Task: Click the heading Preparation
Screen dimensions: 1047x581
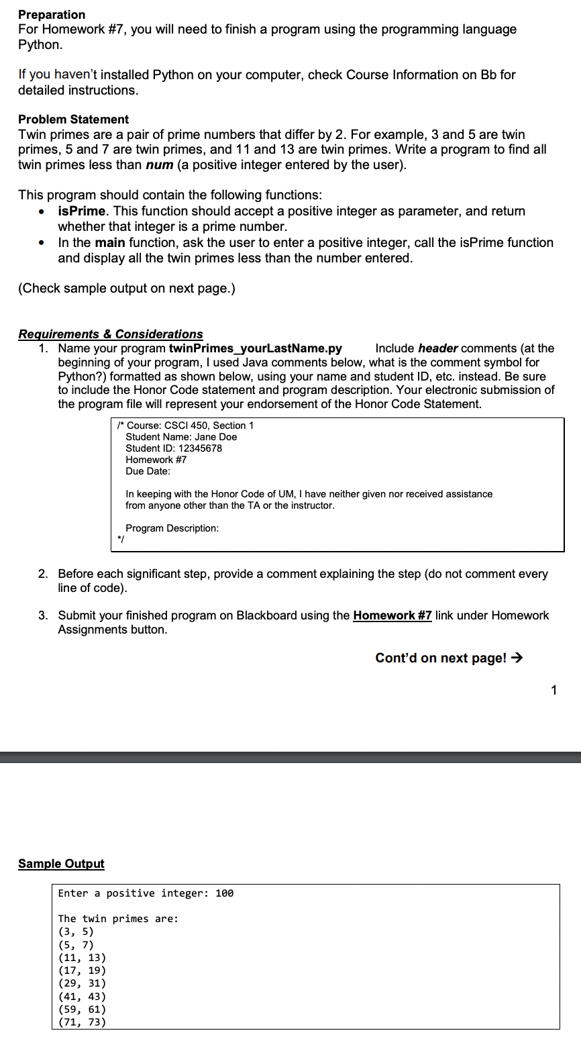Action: tap(52, 15)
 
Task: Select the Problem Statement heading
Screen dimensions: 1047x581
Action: tap(73, 119)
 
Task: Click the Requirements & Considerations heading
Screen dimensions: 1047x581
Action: tap(111, 334)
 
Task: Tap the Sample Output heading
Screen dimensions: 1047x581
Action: tap(61, 864)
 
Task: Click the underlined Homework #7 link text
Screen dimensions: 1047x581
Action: tap(392, 615)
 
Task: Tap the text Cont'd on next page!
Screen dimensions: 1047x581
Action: tap(441, 658)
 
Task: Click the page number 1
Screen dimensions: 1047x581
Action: tap(553, 691)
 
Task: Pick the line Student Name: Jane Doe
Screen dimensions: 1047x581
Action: tap(181, 437)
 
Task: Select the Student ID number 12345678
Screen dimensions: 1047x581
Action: tap(200, 448)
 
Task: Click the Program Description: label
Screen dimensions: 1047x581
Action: tap(172, 528)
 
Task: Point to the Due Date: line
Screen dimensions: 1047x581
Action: tap(148, 471)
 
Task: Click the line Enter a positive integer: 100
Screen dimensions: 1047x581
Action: tap(146, 893)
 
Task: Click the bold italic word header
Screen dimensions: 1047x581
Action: tap(437, 348)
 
